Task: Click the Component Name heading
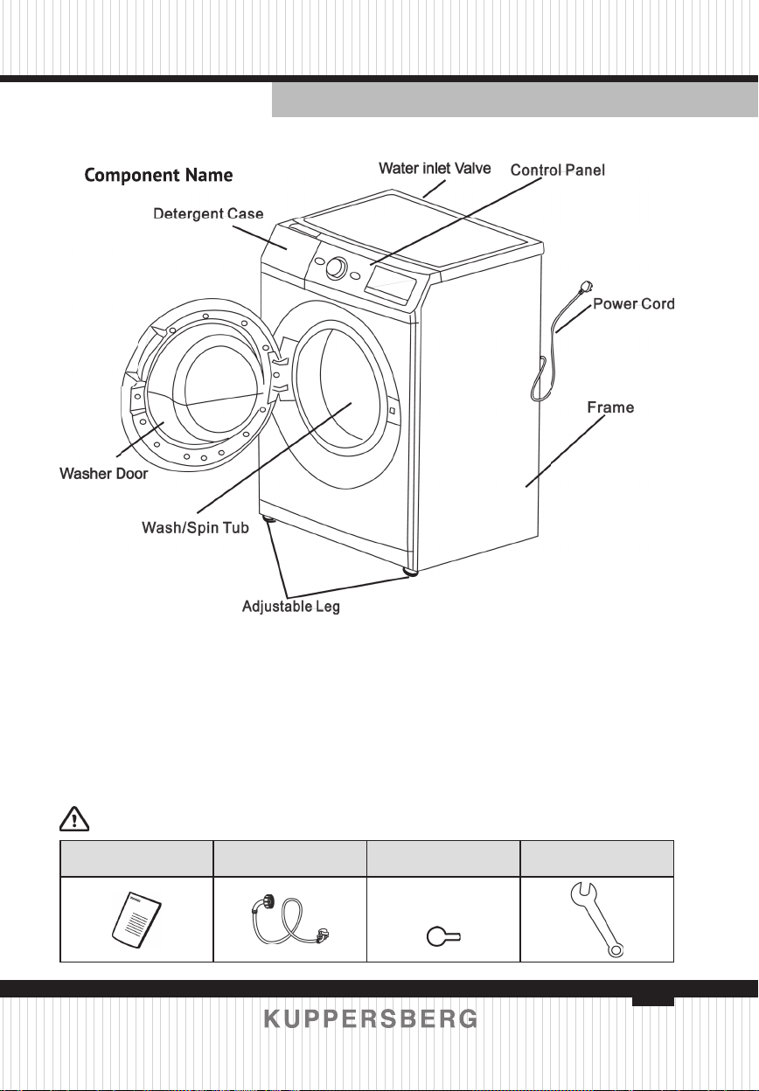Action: click(158, 176)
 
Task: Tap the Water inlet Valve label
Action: click(435, 169)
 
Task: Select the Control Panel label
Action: click(557, 170)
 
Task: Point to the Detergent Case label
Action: click(208, 214)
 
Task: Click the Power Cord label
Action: click(633, 304)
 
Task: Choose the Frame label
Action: click(610, 407)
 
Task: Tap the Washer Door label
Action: click(103, 474)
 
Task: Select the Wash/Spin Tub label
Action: click(195, 527)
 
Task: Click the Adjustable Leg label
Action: click(291, 607)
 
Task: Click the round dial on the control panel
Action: click(336, 268)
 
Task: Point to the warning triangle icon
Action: click(74, 819)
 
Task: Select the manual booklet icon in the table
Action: click(136, 921)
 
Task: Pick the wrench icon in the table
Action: click(596, 919)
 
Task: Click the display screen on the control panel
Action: click(392, 287)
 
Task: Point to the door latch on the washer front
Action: click(393, 411)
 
